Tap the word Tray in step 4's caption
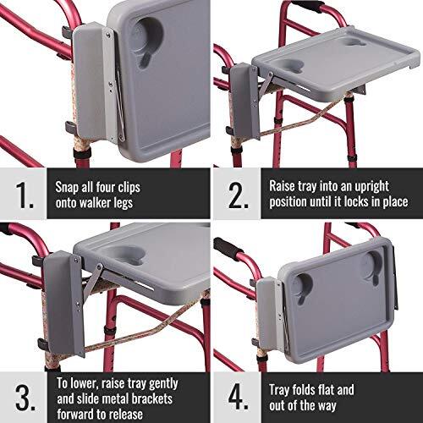[x=283, y=390]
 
